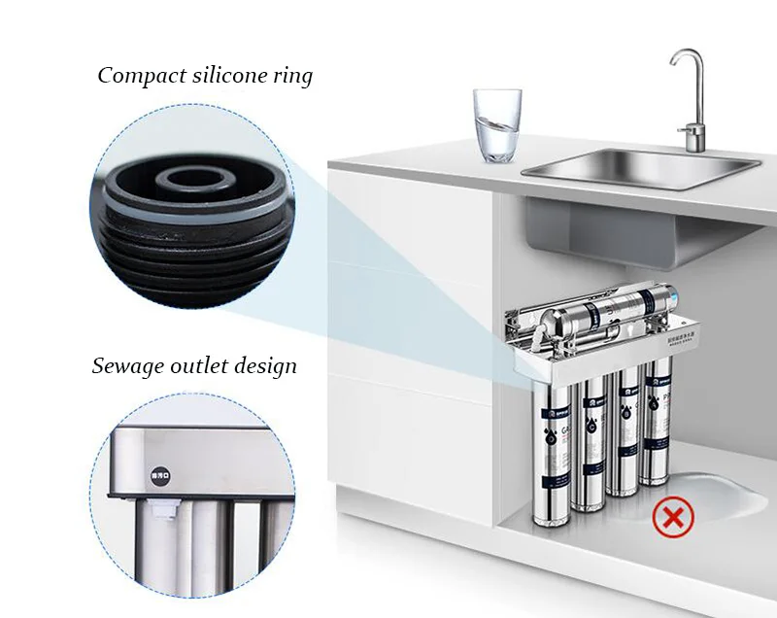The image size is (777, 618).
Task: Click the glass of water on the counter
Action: (496, 125)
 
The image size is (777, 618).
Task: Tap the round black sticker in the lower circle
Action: (156, 476)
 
